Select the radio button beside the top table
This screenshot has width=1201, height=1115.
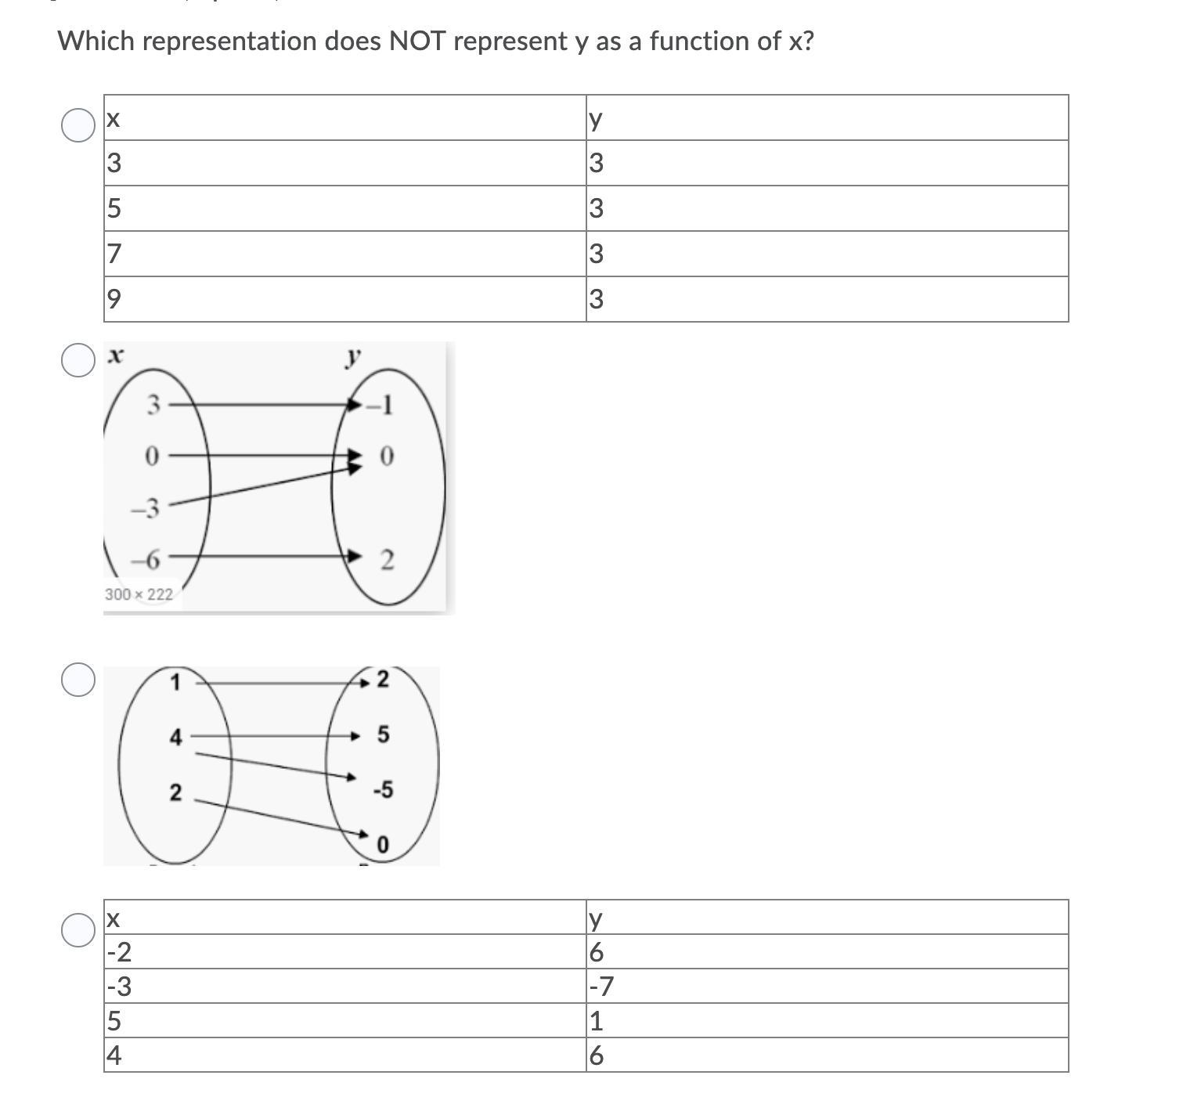(78, 125)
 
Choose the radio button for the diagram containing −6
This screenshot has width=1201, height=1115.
(78, 359)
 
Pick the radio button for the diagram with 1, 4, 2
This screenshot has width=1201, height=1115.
(78, 679)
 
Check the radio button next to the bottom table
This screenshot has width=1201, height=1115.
(78, 929)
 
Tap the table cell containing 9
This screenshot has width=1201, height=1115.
(344, 299)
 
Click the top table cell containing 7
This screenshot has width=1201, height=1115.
(344, 254)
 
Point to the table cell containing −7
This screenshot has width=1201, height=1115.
(827, 987)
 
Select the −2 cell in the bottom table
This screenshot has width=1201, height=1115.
(344, 952)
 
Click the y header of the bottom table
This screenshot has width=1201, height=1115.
(827, 918)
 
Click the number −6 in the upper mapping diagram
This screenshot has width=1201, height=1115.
(146, 560)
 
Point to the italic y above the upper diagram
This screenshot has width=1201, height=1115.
(354, 357)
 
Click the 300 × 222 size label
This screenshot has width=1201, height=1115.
(139, 594)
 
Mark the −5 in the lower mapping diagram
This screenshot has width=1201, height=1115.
(383, 790)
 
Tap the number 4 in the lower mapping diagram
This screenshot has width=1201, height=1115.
(175, 737)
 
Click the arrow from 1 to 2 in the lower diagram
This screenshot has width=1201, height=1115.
(282, 683)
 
